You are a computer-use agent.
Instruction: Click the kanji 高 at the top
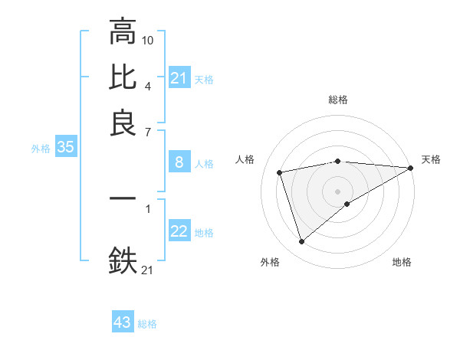(x=123, y=31)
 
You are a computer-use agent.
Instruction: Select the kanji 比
(x=123, y=77)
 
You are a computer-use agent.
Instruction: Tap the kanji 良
(x=123, y=123)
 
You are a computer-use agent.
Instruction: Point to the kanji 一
(x=123, y=198)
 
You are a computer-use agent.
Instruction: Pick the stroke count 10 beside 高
(x=149, y=39)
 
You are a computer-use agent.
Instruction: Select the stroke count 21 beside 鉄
(x=147, y=270)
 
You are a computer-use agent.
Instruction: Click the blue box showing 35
(x=65, y=148)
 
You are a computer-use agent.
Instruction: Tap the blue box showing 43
(x=123, y=322)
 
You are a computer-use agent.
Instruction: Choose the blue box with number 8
(x=179, y=162)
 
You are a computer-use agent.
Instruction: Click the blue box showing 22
(x=179, y=231)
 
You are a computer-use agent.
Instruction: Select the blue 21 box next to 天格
(x=179, y=78)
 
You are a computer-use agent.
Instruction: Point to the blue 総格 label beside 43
(x=147, y=324)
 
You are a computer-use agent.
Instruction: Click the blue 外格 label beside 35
(x=41, y=149)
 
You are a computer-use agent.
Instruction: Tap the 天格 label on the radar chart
(x=431, y=159)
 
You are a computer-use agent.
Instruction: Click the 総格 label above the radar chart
(x=338, y=100)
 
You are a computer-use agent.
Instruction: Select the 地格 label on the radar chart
(x=402, y=262)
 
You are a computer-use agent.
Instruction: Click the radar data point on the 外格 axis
(x=301, y=242)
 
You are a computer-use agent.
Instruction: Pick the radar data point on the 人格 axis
(x=281, y=172)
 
